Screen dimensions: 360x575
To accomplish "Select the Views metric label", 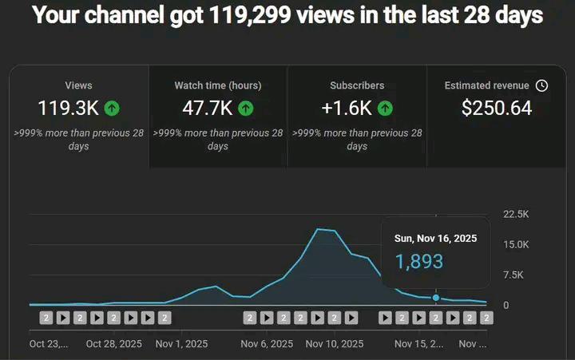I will tap(78, 85).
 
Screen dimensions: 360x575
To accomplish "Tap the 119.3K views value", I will tap(67, 108).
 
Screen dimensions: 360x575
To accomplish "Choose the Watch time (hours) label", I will tap(218, 85).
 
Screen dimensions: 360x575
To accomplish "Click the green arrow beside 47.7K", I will tap(246, 108).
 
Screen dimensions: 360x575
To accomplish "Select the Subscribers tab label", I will tap(357, 85).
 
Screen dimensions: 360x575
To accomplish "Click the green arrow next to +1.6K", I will tap(385, 108).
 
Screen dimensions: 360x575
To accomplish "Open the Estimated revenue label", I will tap(487, 85).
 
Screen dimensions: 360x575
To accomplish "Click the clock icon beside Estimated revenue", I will tap(541, 85).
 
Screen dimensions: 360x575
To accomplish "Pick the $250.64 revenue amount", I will tap(497, 108).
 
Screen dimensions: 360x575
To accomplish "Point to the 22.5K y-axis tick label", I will tap(516, 214).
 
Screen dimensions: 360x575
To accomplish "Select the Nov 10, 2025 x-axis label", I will tap(334, 344).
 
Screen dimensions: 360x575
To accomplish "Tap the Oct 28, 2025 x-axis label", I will tap(113, 344).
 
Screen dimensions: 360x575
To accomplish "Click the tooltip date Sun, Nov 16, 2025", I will tap(435, 239).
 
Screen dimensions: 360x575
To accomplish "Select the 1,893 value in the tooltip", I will tap(418, 261).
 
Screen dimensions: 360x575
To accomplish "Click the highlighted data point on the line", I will tap(436, 298).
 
